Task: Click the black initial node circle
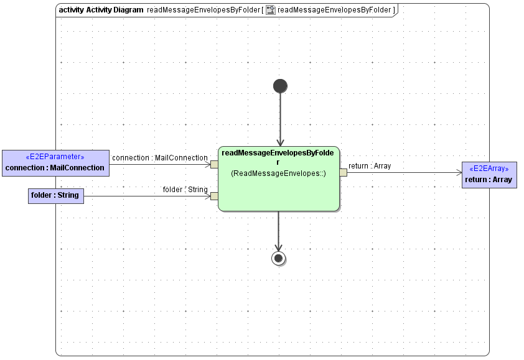280,86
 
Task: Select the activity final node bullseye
278,258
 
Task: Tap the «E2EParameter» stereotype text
55,157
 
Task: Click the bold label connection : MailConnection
55,168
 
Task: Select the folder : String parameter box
55,195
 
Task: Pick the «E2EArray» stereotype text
489,168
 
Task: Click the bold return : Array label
489,180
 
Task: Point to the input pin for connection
214,164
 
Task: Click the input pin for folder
214,196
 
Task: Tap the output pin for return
343,172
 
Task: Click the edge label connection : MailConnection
159,158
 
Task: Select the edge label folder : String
185,189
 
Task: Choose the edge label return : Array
370,166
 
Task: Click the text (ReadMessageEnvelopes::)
278,173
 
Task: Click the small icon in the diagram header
271,10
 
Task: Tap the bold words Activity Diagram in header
115,10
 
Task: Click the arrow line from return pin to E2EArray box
405,172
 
